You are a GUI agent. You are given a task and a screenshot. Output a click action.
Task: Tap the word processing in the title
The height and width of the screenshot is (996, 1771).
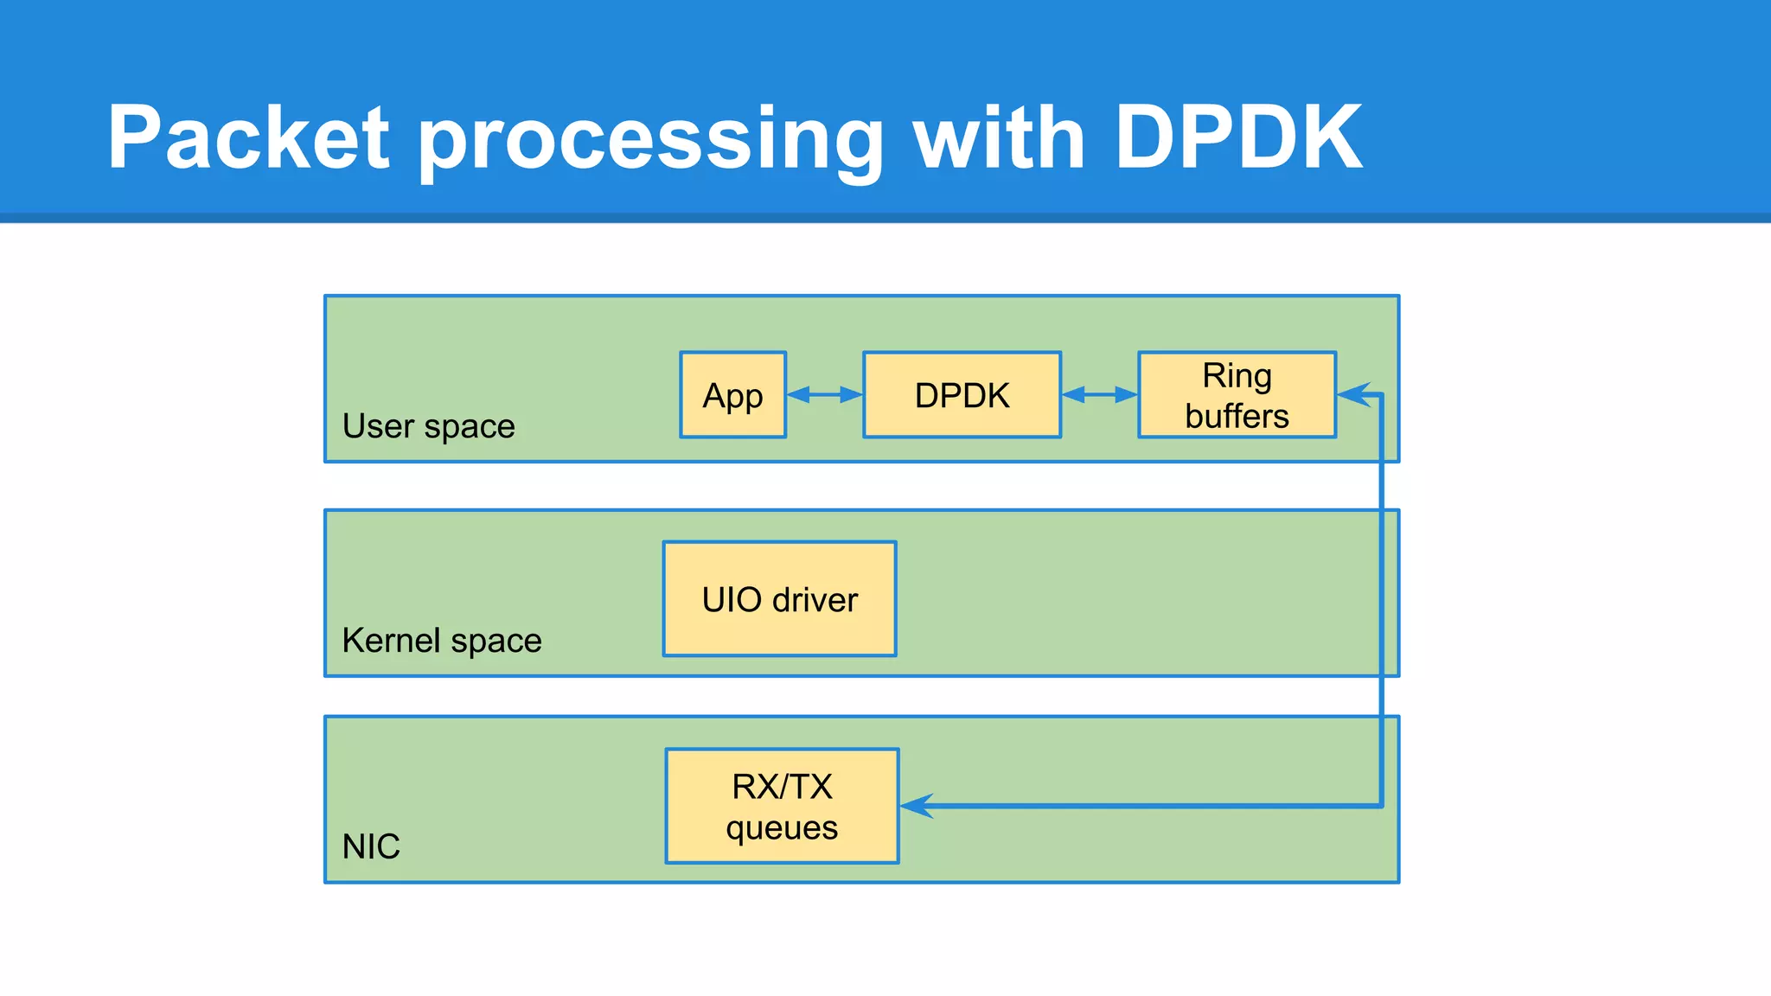650,138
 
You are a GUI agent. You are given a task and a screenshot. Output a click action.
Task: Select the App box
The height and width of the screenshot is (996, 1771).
732,395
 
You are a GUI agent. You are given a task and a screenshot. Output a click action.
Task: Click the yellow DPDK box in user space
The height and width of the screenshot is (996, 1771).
962,395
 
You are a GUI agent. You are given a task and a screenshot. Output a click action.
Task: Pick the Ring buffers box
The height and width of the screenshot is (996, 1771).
1237,395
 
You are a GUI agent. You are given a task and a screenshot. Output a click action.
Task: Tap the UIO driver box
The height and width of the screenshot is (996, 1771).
779,599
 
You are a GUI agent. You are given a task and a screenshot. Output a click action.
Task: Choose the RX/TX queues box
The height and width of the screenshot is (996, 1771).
782,806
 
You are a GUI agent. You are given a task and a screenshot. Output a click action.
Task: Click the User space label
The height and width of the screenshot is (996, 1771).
428,426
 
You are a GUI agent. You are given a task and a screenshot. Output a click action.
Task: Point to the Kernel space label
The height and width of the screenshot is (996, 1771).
441,641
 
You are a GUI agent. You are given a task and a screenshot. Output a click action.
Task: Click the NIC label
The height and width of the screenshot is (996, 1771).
371,846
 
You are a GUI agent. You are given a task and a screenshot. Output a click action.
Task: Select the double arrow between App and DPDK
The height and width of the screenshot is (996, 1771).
824,395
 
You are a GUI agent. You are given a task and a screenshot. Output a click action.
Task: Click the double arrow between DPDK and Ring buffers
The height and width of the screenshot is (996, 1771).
1099,395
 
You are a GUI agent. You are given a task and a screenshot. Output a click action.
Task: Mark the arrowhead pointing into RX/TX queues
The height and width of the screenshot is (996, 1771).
915,806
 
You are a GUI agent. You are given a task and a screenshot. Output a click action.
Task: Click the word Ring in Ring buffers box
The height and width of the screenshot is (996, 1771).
1237,375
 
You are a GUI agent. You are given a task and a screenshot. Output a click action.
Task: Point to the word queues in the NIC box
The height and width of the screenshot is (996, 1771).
782,827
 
